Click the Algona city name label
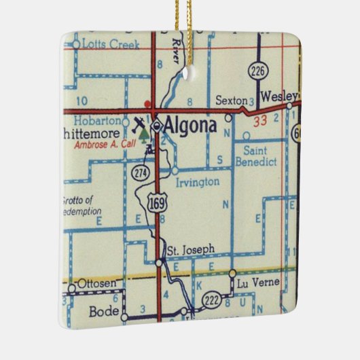tap(190, 126)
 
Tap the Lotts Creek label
tap(110, 45)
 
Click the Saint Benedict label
tap(255, 157)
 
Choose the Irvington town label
tap(197, 181)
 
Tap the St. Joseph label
tap(191, 249)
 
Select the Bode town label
tap(104, 312)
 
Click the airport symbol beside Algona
tap(139, 125)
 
